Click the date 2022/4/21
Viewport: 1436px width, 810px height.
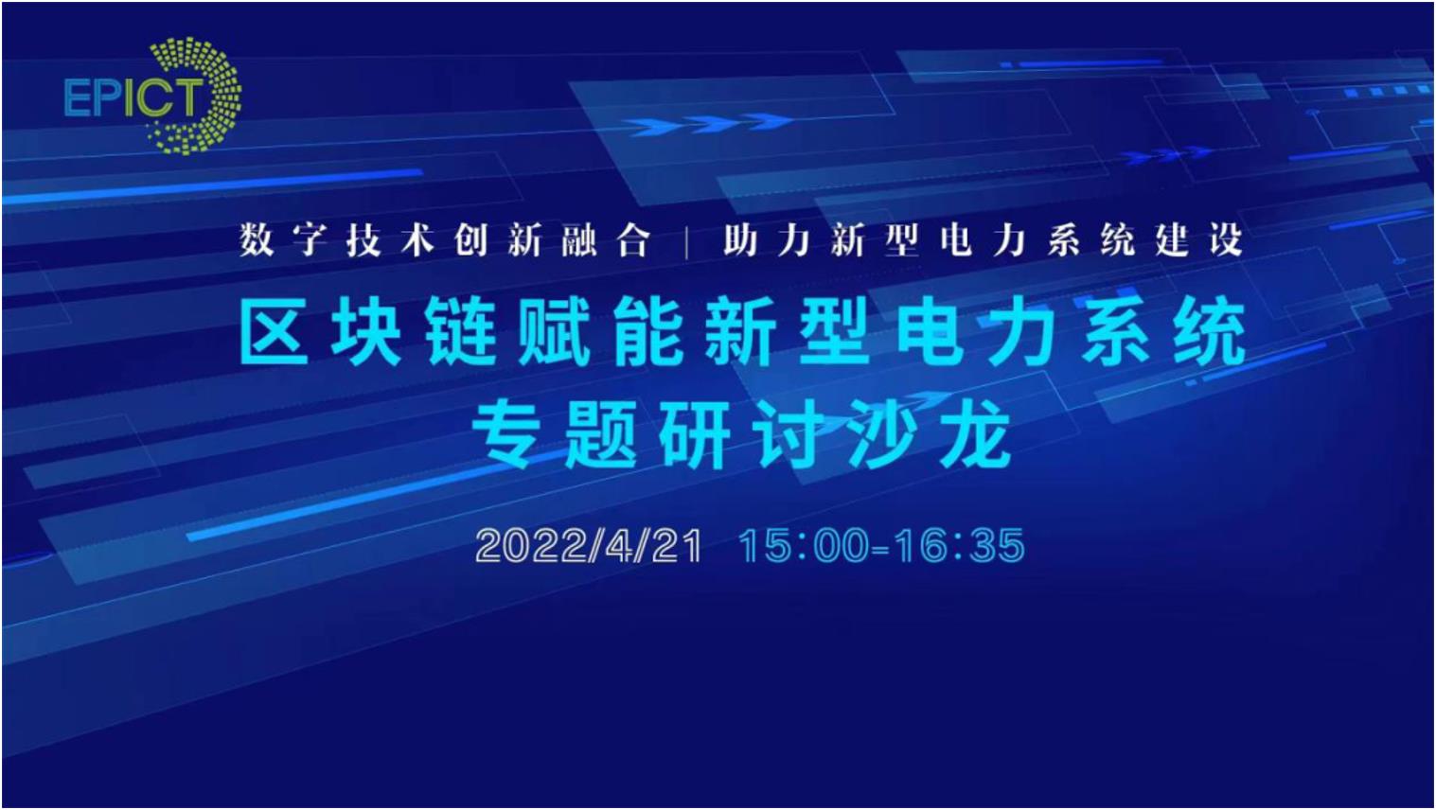coord(589,547)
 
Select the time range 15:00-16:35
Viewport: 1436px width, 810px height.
coord(881,547)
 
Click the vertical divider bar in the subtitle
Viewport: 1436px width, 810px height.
coord(687,242)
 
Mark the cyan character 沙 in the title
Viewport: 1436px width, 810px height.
coord(883,434)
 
